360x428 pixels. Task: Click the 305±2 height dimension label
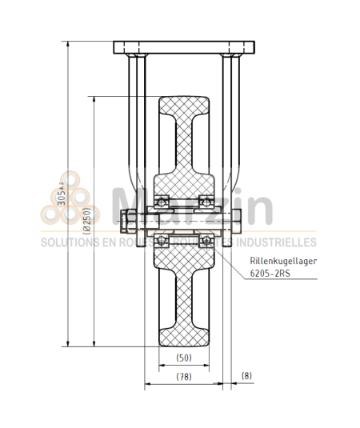click(x=62, y=193)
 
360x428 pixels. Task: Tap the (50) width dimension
click(x=184, y=358)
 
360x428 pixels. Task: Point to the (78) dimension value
click(x=184, y=376)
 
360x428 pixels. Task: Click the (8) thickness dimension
click(x=246, y=376)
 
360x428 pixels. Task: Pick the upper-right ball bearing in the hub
click(x=206, y=202)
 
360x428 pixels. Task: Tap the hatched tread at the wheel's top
click(x=184, y=108)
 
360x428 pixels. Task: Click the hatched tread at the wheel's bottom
click(x=184, y=332)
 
